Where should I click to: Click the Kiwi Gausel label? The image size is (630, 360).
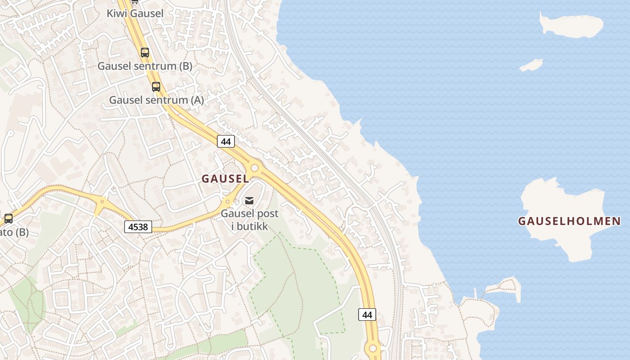(135, 13)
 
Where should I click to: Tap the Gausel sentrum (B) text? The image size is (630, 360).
(145, 66)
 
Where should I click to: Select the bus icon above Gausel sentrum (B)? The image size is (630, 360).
(144, 53)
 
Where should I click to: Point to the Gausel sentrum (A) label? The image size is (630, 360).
(157, 100)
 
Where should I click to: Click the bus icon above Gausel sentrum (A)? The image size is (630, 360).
(156, 87)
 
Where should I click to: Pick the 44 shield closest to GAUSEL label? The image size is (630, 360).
(226, 141)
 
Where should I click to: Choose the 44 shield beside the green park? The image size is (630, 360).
(367, 315)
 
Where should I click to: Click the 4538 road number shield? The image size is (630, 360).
(138, 227)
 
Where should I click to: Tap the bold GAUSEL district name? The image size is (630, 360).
(225, 179)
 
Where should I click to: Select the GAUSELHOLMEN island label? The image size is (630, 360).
(569, 221)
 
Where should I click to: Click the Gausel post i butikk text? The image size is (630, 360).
(249, 220)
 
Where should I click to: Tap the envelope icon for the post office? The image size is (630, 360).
(249, 201)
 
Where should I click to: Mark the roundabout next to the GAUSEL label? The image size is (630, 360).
(255, 168)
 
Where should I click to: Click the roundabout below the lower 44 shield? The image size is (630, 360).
(373, 348)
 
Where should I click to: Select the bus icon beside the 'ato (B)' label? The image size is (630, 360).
(9, 219)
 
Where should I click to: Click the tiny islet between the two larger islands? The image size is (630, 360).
(531, 66)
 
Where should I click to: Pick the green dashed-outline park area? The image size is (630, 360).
(297, 288)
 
